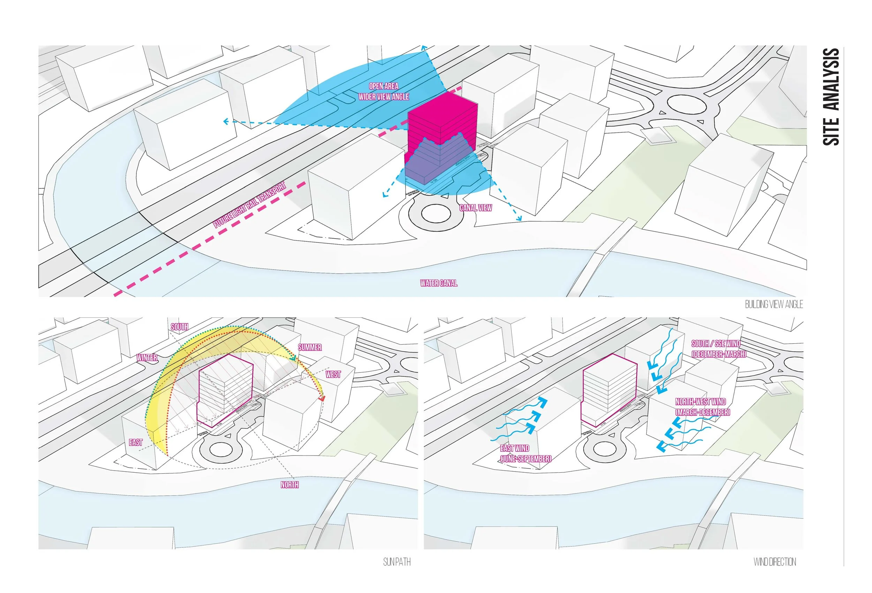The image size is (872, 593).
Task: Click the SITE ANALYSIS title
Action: click(831, 97)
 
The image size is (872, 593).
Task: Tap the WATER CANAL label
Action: click(439, 283)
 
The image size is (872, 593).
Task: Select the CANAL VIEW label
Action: click(475, 208)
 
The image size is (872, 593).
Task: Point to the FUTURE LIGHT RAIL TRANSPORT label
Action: click(249, 205)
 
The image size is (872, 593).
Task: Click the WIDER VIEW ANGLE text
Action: click(383, 97)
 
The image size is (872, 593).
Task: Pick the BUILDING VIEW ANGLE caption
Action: click(774, 305)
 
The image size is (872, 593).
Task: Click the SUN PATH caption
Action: click(397, 562)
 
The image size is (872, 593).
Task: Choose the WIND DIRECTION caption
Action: click(774, 562)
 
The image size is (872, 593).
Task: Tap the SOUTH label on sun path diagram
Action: click(179, 327)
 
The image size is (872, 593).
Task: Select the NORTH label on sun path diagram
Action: click(290, 485)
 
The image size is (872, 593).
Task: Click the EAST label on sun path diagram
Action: click(136, 443)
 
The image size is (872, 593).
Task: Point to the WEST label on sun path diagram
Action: click(333, 374)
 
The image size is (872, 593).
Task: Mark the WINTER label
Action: click(147, 358)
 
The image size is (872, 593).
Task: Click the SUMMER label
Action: click(309, 347)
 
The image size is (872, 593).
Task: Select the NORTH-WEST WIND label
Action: click(700, 402)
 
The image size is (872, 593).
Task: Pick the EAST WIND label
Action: click(515, 449)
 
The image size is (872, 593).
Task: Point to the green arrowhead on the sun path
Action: click(294, 359)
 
